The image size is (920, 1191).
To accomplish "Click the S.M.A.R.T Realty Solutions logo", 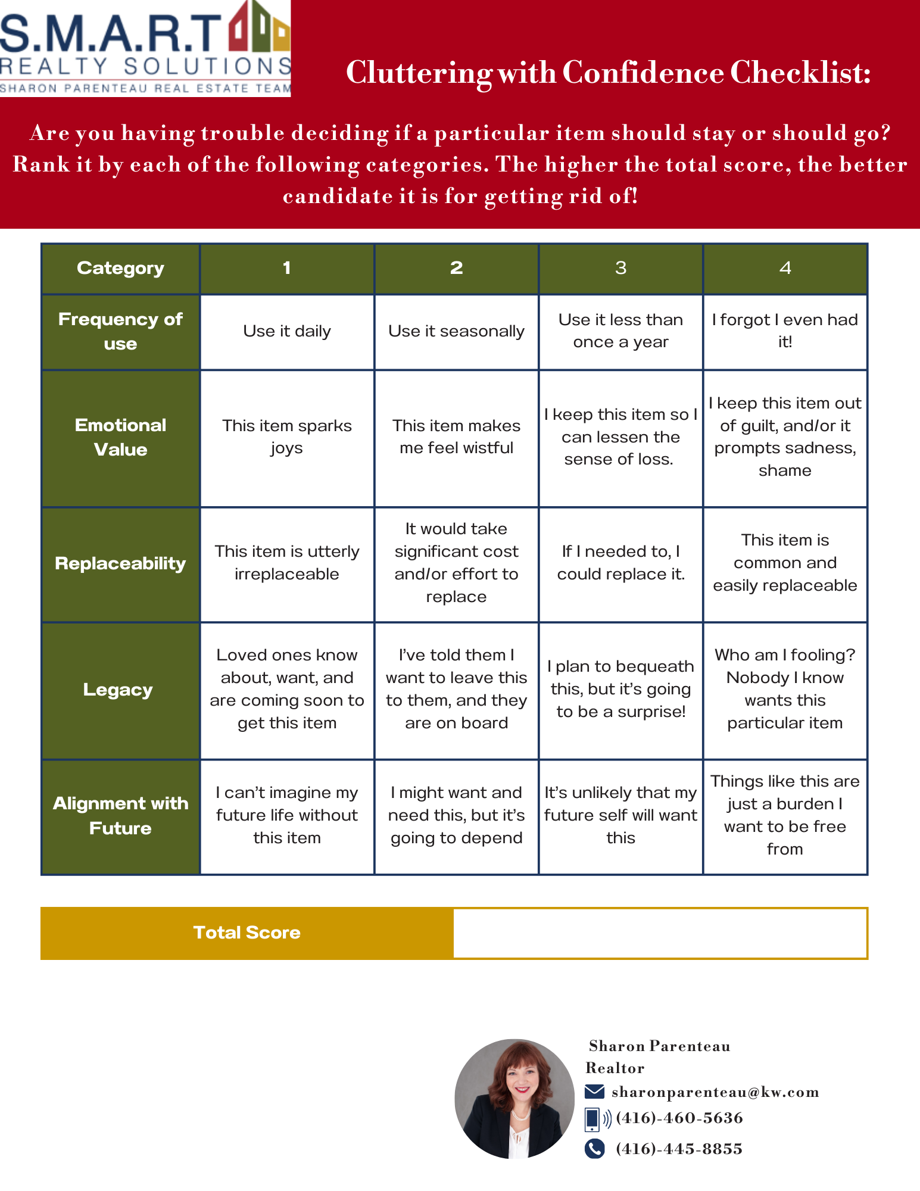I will [x=145, y=48].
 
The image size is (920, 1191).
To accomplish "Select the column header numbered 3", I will [x=620, y=268].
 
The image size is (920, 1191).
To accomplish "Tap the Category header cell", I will [x=120, y=268].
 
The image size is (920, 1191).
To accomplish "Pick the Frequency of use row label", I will [x=120, y=331].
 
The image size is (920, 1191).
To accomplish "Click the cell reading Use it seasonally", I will [x=456, y=331].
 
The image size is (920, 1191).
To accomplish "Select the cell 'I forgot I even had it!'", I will [x=785, y=331].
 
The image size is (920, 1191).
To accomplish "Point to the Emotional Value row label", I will [x=120, y=437].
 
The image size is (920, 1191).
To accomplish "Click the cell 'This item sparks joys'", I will [x=286, y=437].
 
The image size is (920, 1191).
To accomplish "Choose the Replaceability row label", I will [x=120, y=563].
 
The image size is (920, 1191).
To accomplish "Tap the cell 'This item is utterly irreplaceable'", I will [x=286, y=563].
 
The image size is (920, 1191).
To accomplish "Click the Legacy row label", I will [x=118, y=690].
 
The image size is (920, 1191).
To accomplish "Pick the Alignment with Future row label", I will [x=120, y=815].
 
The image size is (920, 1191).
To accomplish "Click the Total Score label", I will [x=247, y=933].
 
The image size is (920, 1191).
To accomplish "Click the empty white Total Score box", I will [x=659, y=933].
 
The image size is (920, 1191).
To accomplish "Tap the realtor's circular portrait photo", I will [x=514, y=1099].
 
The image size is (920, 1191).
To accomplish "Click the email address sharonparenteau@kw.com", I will [x=715, y=1092].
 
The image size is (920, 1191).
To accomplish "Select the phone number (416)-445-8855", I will [x=679, y=1149].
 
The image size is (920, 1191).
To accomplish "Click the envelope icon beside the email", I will [x=594, y=1092].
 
